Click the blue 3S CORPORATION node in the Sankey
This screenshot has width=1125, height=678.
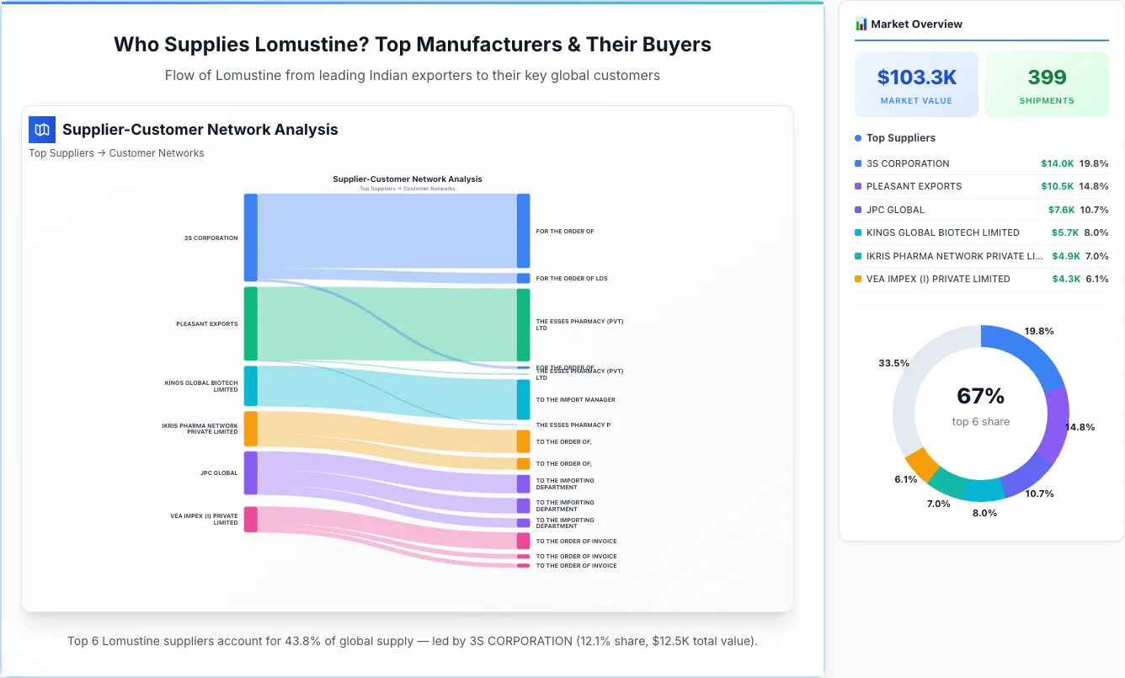pyautogui.click(x=250, y=238)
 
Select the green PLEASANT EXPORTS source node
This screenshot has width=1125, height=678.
pyautogui.click(x=250, y=323)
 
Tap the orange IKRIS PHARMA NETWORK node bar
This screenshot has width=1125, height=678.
pyautogui.click(x=250, y=429)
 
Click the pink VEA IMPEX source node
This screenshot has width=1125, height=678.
pyautogui.click(x=250, y=520)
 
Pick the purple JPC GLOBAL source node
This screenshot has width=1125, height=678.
pyautogui.click(x=250, y=473)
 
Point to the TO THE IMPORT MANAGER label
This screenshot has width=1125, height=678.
pyautogui.click(x=575, y=400)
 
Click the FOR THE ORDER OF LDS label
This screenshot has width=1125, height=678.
pyautogui.click(x=572, y=278)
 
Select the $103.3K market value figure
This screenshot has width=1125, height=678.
pyautogui.click(x=916, y=77)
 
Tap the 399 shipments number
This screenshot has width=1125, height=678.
pyautogui.click(x=1047, y=77)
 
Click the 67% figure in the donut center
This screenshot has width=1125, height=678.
pyautogui.click(x=980, y=396)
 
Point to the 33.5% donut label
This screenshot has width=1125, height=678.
pyautogui.click(x=893, y=363)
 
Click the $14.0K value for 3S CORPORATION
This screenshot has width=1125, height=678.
pyautogui.click(x=1057, y=163)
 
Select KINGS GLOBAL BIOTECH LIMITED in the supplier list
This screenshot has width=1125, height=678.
pyautogui.click(x=942, y=232)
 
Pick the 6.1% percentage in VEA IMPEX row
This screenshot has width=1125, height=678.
pyautogui.click(x=1096, y=279)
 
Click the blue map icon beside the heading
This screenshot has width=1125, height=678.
pyautogui.click(x=42, y=130)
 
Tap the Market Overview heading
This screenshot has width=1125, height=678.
pyautogui.click(x=916, y=24)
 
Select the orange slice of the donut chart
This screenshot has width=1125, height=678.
pyautogui.click(x=921, y=464)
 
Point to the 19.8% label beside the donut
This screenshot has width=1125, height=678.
pyautogui.click(x=1039, y=332)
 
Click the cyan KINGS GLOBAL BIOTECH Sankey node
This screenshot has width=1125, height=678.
pyautogui.click(x=250, y=386)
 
